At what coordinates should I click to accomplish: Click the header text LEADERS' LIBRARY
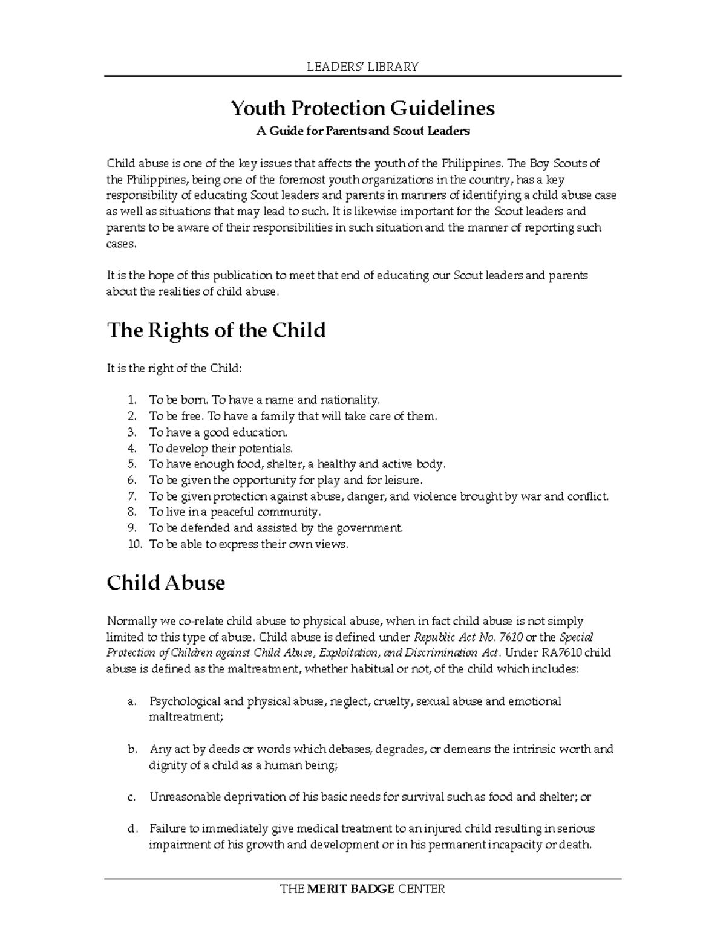tap(362, 67)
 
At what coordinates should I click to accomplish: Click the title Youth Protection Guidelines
tap(362, 108)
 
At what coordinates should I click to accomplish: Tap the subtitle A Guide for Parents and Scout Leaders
tap(362, 131)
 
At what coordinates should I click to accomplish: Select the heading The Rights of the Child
tap(216, 330)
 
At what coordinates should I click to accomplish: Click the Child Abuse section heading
tap(166, 583)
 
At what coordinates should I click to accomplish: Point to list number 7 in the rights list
tap(132, 496)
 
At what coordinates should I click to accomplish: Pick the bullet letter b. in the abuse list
tap(132, 749)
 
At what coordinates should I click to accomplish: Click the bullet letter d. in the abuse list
tap(132, 828)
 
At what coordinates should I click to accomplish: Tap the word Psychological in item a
tap(185, 701)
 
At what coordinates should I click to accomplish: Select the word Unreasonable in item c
tap(185, 797)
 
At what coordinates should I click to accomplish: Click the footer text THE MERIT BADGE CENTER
tap(362, 889)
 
